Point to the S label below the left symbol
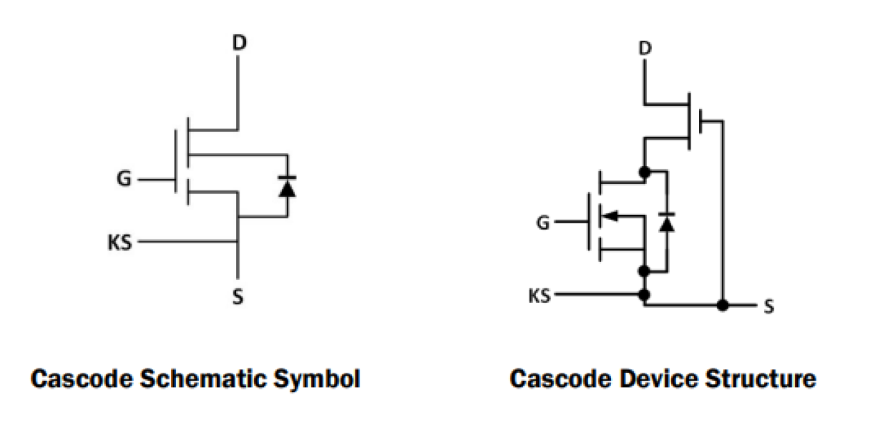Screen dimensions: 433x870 click(238, 297)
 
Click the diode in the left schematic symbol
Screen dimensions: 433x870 click(287, 187)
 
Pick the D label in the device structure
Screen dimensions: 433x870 click(644, 50)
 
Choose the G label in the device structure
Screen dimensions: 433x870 click(544, 223)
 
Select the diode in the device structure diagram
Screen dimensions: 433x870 click(666, 222)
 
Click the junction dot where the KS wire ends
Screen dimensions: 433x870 click(644, 295)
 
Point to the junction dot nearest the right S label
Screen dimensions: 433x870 click(722, 305)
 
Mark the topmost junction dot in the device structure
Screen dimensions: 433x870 click(644, 171)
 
